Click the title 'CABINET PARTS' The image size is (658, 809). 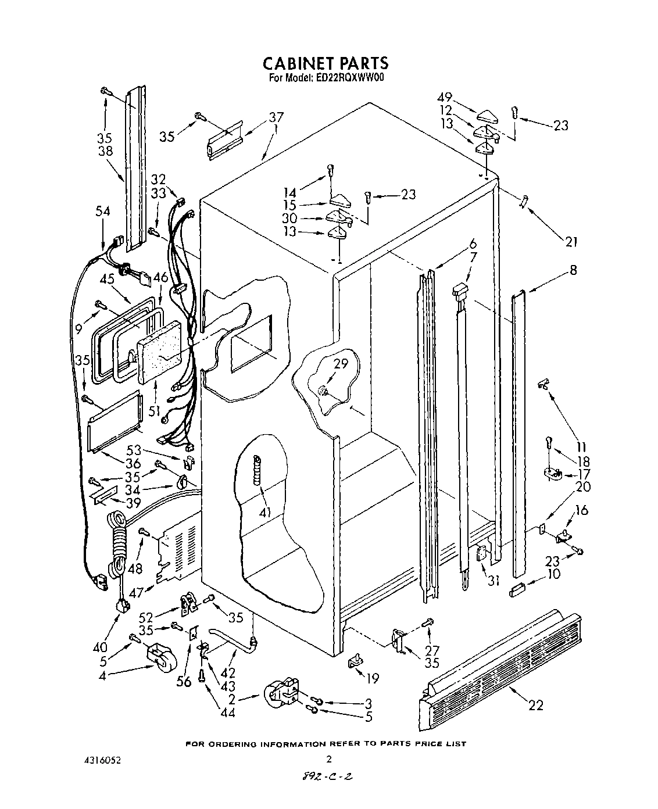tap(326, 62)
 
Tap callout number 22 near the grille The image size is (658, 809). tap(535, 705)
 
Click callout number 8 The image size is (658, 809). tap(573, 270)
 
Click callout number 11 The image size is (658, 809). tap(581, 431)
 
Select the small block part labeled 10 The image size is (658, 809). tap(517, 591)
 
